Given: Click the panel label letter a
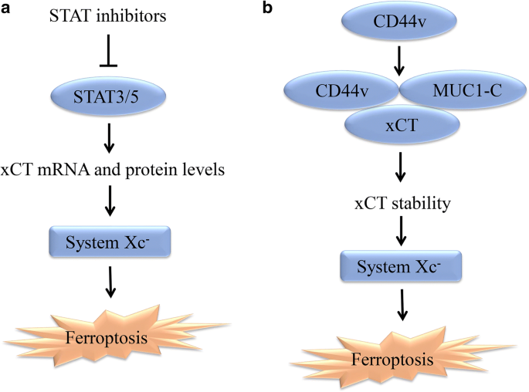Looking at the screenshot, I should coord(7,8).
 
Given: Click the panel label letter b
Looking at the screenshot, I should coord(269,8).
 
